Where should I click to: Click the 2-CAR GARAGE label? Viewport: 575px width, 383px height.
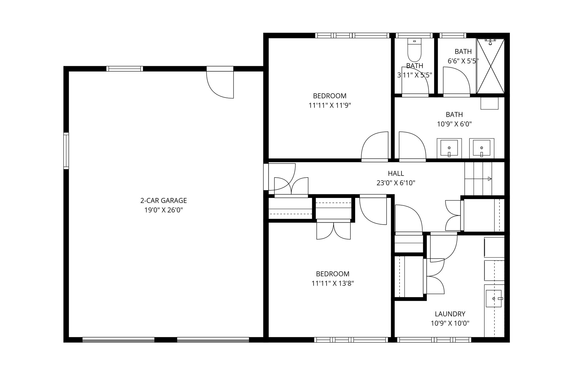click(163, 200)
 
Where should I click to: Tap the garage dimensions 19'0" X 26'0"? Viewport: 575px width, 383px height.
click(163, 210)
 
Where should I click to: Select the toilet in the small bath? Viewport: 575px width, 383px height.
click(414, 50)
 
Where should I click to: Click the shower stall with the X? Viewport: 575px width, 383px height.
click(490, 66)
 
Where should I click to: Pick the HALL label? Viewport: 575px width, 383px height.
click(396, 174)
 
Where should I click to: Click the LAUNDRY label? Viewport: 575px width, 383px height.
click(450, 314)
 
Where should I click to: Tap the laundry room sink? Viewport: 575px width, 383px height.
click(494, 299)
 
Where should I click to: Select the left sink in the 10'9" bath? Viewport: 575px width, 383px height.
click(449, 148)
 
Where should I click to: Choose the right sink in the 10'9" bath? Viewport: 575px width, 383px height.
click(482, 148)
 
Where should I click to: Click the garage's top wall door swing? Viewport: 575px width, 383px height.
click(220, 84)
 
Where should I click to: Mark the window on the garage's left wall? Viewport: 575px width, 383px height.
click(66, 151)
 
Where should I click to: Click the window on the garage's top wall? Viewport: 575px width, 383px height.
click(125, 69)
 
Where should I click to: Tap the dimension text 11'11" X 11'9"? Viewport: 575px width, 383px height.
click(330, 105)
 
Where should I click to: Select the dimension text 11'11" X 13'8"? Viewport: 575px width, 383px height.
click(332, 283)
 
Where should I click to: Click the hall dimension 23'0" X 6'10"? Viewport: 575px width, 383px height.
click(396, 183)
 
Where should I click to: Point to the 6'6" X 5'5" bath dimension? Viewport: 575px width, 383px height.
click(463, 61)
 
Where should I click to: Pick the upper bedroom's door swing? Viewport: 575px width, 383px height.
click(375, 146)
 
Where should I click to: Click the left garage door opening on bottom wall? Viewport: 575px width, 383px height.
click(118, 340)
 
